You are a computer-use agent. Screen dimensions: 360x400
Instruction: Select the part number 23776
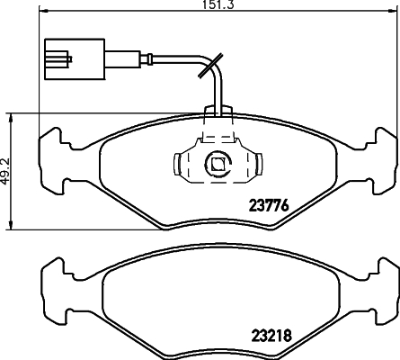(268, 203)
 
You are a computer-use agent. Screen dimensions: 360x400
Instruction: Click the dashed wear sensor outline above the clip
(218, 130)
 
